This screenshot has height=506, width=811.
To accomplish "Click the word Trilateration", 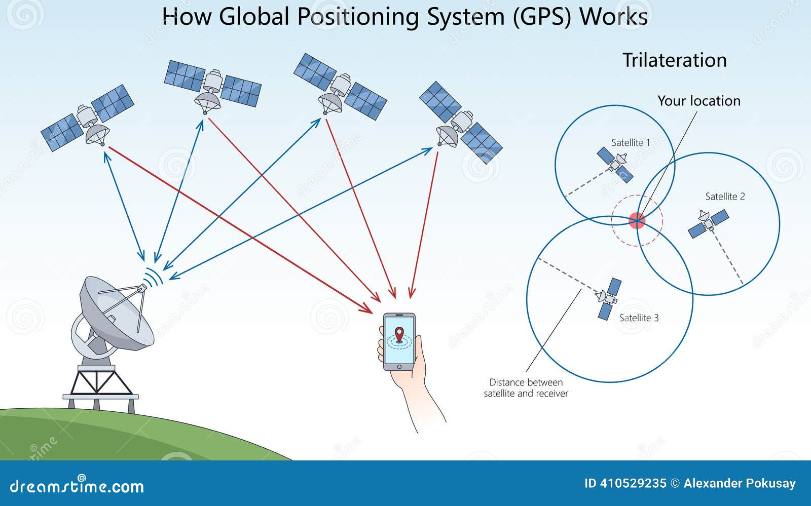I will pyautogui.click(x=674, y=60).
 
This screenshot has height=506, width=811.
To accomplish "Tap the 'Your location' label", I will pyautogui.click(x=698, y=101).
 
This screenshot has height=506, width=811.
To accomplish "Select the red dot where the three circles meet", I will pyautogui.click(x=637, y=220).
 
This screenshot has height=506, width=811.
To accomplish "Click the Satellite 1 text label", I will pyautogui.click(x=630, y=143).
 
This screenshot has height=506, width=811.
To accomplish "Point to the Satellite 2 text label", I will pyautogui.click(x=725, y=197).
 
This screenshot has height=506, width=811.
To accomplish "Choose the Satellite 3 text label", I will pyautogui.click(x=639, y=318).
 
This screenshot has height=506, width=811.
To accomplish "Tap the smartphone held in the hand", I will pyautogui.click(x=399, y=341).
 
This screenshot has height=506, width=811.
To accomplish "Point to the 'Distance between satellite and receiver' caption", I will pyautogui.click(x=526, y=388).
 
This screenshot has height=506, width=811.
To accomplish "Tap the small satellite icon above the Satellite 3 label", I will pyautogui.click(x=608, y=298).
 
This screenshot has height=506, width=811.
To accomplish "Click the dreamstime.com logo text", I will pyautogui.click(x=77, y=486).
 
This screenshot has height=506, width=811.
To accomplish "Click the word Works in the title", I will pyautogui.click(x=613, y=17).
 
